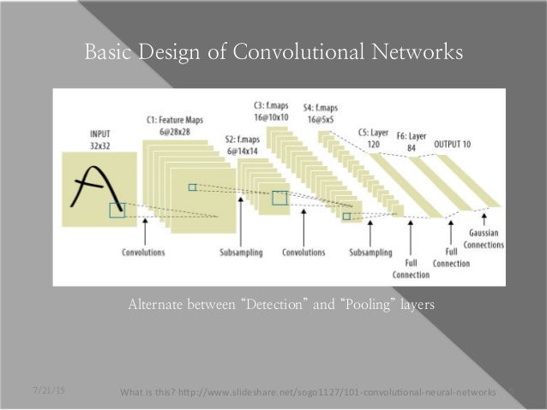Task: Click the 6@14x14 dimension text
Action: tap(243, 149)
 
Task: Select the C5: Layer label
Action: tap(374, 134)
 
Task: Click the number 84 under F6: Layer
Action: tap(412, 146)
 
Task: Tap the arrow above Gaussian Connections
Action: tap(486, 218)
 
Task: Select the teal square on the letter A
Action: tap(117, 210)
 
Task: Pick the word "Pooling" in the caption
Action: tap(368, 303)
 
